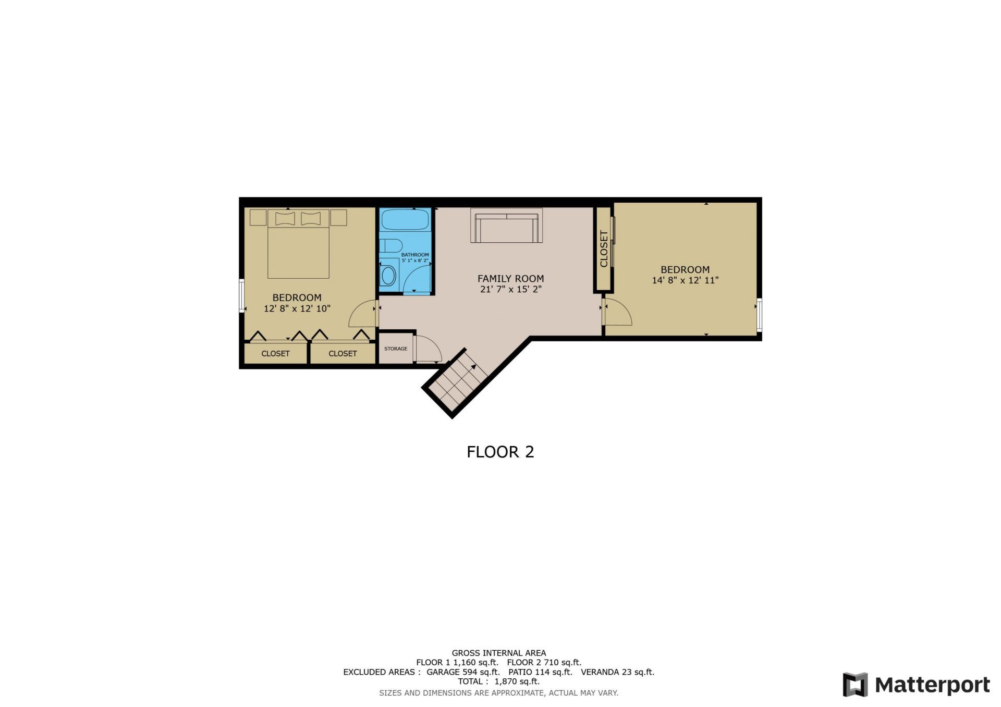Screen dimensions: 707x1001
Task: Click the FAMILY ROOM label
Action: pos(510,279)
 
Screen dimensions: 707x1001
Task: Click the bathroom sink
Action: pos(388,276)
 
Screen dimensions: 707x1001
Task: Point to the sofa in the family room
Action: pos(506,226)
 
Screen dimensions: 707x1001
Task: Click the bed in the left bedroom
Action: pos(298,245)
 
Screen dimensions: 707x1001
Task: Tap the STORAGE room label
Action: pos(396,349)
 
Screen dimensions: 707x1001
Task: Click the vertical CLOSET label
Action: pos(604,249)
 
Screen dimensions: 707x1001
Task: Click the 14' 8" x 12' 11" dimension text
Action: pos(685,280)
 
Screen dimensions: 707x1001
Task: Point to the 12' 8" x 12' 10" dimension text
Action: pos(297,308)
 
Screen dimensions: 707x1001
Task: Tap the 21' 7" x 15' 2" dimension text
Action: pos(510,290)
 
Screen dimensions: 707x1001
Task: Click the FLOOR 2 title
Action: pos(500,452)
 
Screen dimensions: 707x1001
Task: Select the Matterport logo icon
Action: pos(855,685)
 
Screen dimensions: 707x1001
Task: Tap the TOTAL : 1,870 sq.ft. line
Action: pos(498,681)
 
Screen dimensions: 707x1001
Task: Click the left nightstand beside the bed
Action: pos(258,217)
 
